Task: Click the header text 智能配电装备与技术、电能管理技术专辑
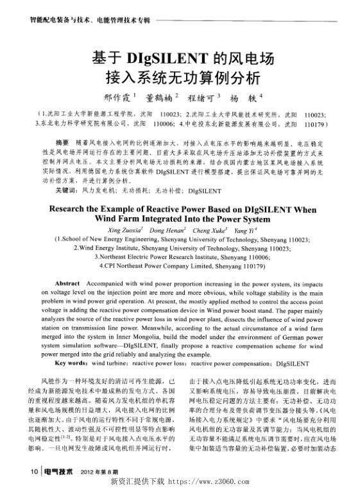pyautogui.click(x=90, y=19)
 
